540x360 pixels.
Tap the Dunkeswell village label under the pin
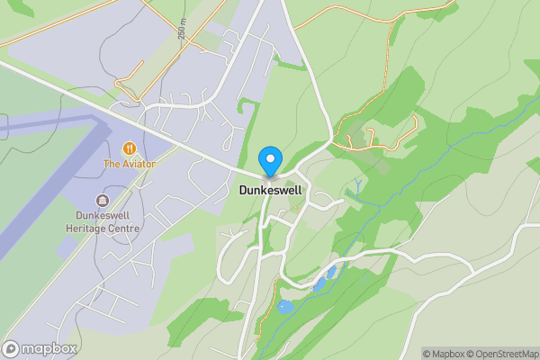(269, 191)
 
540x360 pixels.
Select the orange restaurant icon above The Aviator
(129, 148)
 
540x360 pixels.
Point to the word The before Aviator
(112, 164)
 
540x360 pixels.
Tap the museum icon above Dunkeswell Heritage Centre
(102, 200)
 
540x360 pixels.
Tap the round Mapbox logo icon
(12, 348)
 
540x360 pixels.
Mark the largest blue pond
(285, 307)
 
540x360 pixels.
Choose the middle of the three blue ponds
(319, 284)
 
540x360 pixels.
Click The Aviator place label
(129, 164)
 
